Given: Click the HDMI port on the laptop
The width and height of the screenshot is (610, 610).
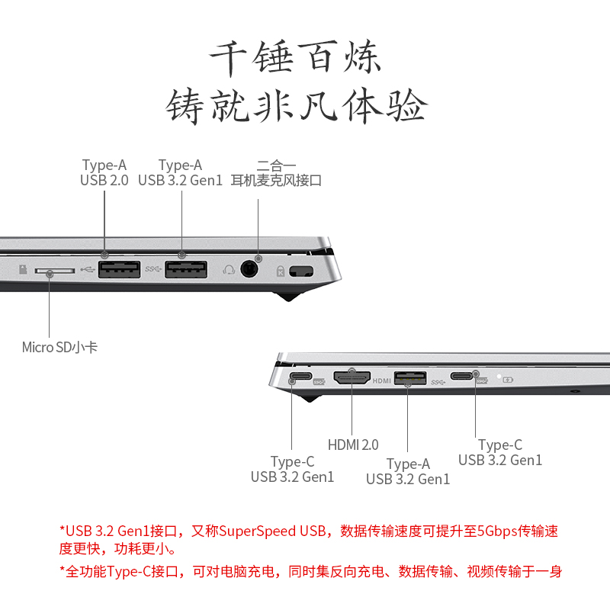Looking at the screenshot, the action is click(352, 377).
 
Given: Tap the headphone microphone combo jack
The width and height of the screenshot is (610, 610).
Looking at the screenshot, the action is click(249, 269).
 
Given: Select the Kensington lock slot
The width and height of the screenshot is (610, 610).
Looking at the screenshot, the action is click(301, 271).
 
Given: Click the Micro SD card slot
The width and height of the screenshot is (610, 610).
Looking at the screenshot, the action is click(54, 271).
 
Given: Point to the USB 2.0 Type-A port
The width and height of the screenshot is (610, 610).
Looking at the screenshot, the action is click(119, 270).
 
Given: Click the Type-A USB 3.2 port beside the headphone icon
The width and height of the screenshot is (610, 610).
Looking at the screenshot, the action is click(186, 270).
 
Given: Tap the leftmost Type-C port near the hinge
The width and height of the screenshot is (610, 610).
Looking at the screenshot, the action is click(300, 376).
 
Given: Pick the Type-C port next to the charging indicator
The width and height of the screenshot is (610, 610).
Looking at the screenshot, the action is click(462, 376).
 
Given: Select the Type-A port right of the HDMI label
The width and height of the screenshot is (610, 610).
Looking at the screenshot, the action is click(410, 377).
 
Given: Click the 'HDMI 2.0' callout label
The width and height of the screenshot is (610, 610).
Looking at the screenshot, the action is click(353, 445).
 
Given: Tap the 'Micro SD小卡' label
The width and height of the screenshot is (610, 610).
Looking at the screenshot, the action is click(59, 347).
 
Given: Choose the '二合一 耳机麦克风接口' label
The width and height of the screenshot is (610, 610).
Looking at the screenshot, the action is click(276, 173).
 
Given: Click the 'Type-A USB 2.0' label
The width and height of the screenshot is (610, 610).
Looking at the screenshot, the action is click(104, 173).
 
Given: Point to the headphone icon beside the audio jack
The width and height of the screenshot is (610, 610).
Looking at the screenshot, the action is click(229, 270).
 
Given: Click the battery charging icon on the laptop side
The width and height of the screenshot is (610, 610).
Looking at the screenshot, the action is click(508, 379).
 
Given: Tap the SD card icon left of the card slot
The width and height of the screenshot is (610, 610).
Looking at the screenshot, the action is click(23, 269).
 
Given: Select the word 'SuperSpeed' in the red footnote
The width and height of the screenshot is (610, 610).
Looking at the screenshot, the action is click(257, 531).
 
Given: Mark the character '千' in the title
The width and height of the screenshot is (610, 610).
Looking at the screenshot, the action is click(228, 58).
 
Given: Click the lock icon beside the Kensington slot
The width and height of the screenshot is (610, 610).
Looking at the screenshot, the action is click(280, 271).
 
